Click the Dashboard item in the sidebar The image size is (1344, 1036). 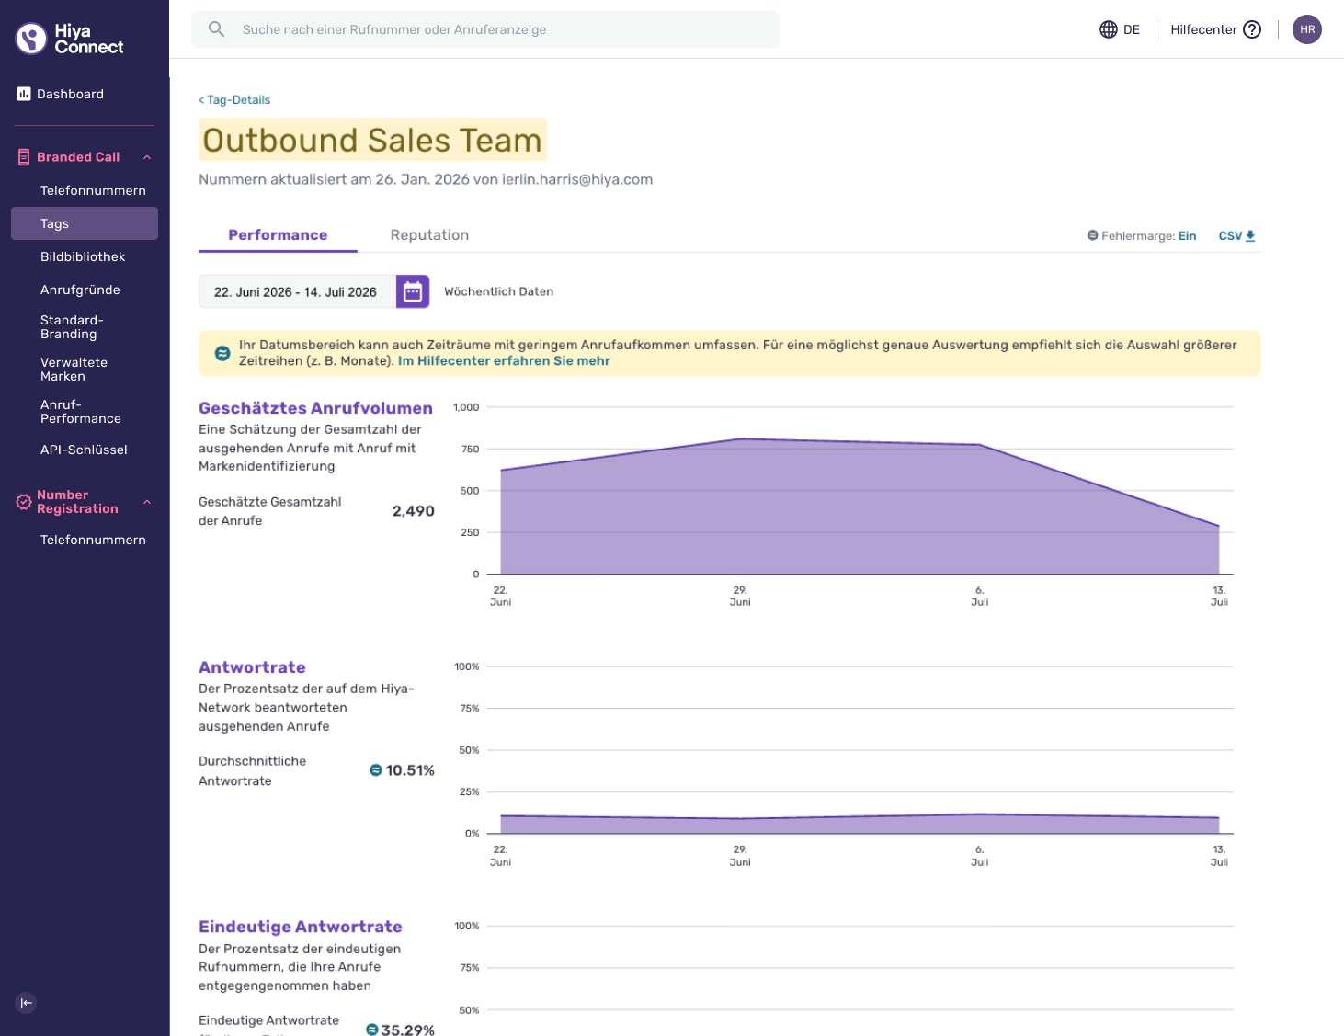pyautogui.click(x=61, y=94)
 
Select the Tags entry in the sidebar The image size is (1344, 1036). pyautogui.click(x=85, y=223)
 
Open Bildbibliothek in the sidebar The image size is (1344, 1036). pyautogui.click(x=83, y=256)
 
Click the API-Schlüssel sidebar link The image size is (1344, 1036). pyautogui.click(x=84, y=450)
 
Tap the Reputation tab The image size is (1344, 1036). pyautogui.click(x=429, y=235)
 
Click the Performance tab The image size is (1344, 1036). pyautogui.click(x=278, y=235)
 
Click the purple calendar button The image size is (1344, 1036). pyautogui.click(x=413, y=291)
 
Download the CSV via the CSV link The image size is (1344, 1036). pyautogui.click(x=1236, y=235)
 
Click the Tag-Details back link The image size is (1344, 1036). pyautogui.click(x=234, y=99)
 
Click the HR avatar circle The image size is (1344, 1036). pyautogui.click(x=1307, y=29)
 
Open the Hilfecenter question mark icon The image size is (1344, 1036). pyautogui.click(x=1252, y=29)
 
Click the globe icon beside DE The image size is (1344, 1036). pyautogui.click(x=1108, y=29)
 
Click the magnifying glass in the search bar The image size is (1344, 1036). pyautogui.click(x=216, y=29)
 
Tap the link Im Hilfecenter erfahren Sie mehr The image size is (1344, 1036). pyautogui.click(x=504, y=360)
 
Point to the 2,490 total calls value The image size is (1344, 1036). pyautogui.click(x=413, y=511)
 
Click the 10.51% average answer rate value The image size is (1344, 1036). pyautogui.click(x=409, y=770)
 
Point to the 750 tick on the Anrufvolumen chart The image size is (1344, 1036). pyautogui.click(x=470, y=449)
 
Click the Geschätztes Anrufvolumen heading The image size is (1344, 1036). pyautogui.click(x=315, y=408)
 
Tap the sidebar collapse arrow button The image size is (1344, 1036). pyautogui.click(x=26, y=1003)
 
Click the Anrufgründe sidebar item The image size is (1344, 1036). pyautogui.click(x=80, y=290)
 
